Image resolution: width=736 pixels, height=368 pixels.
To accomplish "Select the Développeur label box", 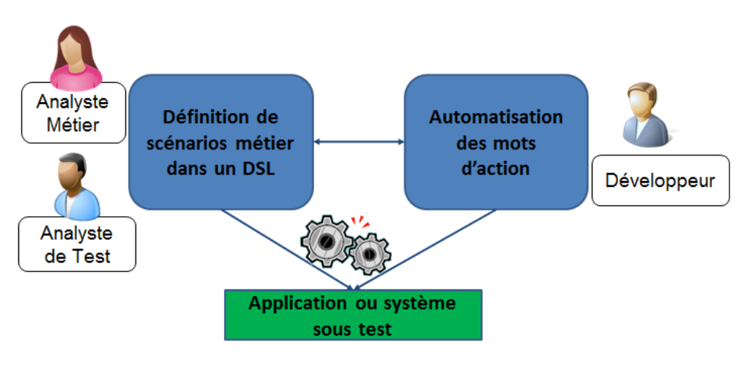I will click(x=661, y=180).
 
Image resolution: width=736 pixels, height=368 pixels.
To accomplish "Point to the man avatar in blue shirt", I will click(x=75, y=187).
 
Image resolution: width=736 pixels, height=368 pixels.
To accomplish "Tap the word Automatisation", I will click(x=496, y=117).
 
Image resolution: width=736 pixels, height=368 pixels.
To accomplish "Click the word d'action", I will click(x=496, y=167).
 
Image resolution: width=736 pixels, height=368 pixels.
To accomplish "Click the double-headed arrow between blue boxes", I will click(x=360, y=141).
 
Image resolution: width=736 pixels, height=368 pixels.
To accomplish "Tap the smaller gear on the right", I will click(x=369, y=254).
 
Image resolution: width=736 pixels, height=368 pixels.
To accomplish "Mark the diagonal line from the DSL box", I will click(x=286, y=249).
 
